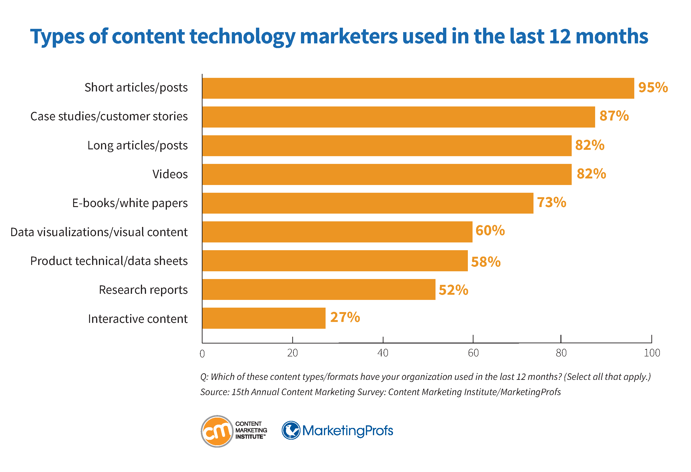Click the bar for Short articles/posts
(418, 88)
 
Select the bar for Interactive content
(264, 318)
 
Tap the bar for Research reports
(319, 289)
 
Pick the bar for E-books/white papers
(368, 203)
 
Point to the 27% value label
(345, 317)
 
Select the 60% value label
(490, 230)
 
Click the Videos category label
(170, 174)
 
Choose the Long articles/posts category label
(137, 145)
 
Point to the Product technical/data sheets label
(109, 261)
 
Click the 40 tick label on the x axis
(383, 353)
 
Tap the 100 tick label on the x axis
(652, 353)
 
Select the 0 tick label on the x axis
(202, 354)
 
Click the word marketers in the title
(349, 36)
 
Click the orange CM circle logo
(217, 431)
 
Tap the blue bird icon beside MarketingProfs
(291, 430)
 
